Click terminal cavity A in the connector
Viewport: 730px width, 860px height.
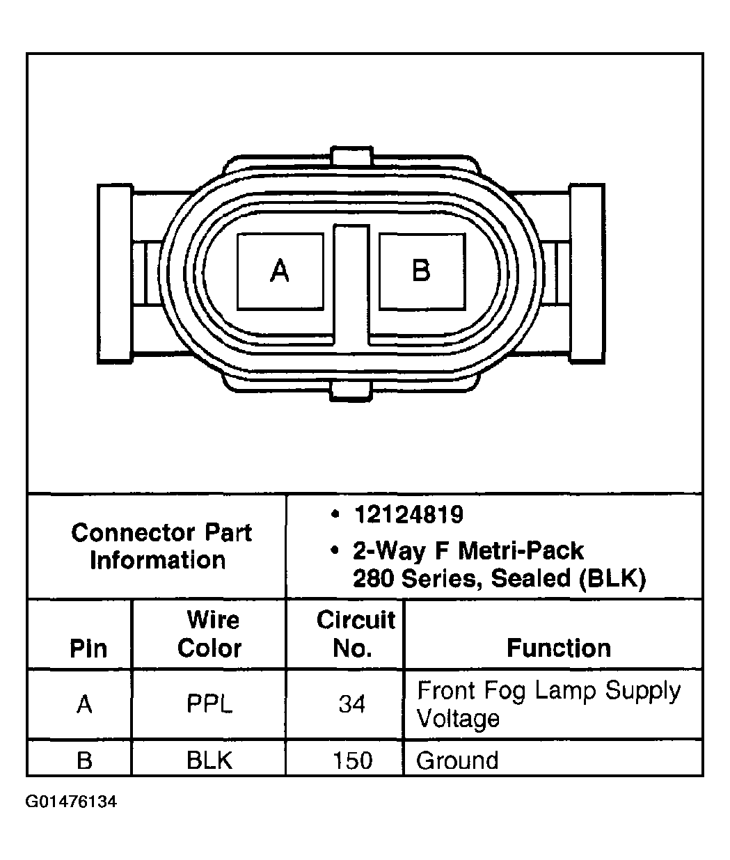280,271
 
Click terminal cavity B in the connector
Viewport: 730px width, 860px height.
422,271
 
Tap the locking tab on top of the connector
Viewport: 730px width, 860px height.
351,156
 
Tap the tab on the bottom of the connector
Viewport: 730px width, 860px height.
351,392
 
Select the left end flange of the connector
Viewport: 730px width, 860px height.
115,273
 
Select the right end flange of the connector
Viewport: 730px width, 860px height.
587,273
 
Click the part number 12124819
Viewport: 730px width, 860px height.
408,514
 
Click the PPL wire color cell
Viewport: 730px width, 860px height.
209,704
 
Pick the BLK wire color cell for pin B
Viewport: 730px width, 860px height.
209,760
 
